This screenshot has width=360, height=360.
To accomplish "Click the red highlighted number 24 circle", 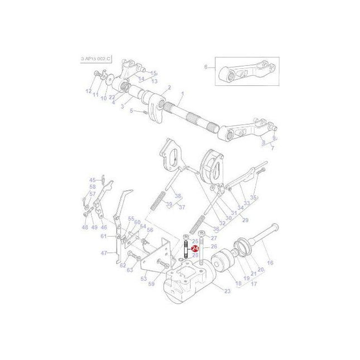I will click(195, 248).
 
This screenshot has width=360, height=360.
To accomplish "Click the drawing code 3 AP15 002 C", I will click(92, 59).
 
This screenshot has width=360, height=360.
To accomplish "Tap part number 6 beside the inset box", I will click(205, 67).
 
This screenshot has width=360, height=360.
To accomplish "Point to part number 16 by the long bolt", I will click(271, 262).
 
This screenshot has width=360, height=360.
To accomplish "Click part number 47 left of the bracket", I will click(104, 253).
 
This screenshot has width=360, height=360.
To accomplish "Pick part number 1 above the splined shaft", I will click(181, 95).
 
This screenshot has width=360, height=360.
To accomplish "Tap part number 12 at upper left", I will click(88, 91).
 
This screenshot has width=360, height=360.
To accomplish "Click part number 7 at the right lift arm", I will click(272, 148).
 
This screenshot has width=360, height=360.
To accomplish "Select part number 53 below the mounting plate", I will click(143, 278).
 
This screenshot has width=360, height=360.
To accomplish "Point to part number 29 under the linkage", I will click(229, 220).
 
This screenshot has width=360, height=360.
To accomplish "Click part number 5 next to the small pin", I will click(132, 111).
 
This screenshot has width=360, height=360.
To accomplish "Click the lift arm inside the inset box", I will click(246, 72).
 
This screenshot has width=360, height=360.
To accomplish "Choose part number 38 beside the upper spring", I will click(178, 196).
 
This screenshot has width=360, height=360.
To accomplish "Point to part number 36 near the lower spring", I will click(201, 229).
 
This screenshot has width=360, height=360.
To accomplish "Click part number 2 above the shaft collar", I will click(169, 88).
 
